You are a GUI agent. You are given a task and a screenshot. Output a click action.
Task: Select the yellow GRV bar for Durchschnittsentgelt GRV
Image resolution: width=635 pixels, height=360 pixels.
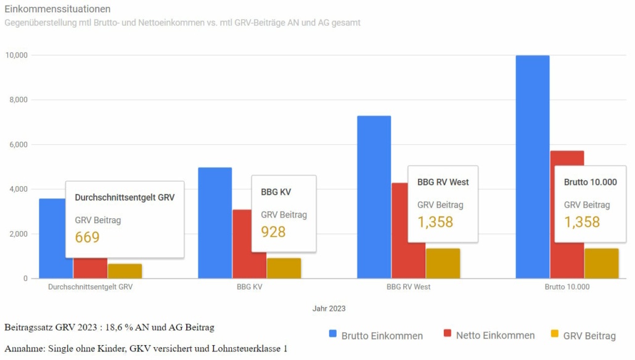click(x=125, y=271)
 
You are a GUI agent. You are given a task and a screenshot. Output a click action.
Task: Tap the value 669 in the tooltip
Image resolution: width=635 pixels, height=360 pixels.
click(x=87, y=237)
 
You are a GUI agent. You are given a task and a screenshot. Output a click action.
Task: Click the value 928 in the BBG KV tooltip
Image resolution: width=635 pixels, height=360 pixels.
click(x=273, y=232)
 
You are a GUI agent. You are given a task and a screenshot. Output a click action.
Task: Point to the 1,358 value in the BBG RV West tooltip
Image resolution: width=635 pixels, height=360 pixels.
click(x=435, y=222)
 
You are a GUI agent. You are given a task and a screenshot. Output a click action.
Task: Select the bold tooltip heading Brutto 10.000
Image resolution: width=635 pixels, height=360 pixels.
click(x=590, y=182)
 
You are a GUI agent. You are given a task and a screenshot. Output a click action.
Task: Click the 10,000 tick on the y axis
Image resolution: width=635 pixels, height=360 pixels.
click(x=16, y=55)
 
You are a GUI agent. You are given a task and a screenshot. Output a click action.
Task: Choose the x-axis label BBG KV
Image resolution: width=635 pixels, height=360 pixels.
click(x=249, y=287)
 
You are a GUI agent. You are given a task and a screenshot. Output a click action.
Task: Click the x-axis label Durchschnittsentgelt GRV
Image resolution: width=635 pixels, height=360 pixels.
click(x=90, y=287)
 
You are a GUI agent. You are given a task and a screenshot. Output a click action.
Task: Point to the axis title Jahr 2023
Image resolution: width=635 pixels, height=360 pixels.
click(x=329, y=308)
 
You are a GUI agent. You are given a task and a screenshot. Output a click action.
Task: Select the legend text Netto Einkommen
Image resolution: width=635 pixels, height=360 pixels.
click(x=495, y=336)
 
